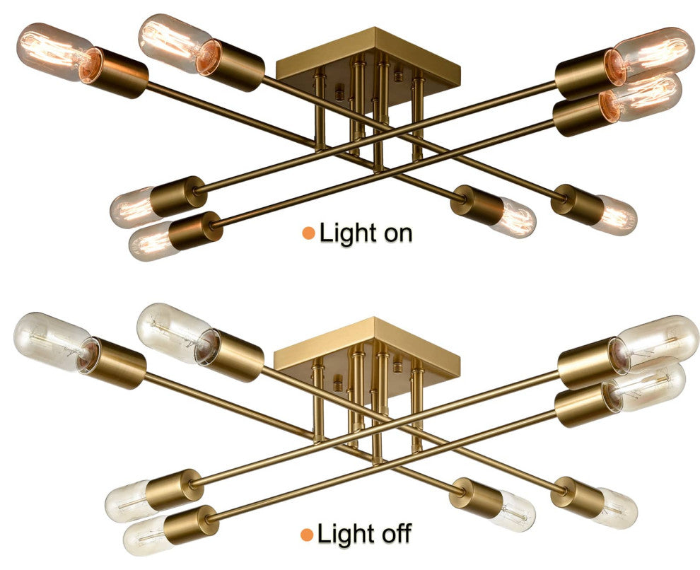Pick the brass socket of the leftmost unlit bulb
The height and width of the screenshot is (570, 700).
[117, 363]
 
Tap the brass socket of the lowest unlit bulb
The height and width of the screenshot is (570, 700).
[191, 523]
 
